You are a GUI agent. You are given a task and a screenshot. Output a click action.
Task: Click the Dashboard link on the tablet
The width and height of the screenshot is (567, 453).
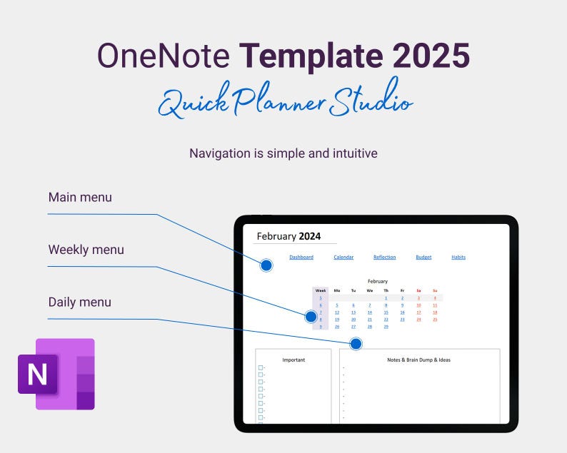[x=301, y=257]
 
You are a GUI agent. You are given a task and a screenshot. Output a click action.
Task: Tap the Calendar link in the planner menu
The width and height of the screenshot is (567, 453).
[x=343, y=257]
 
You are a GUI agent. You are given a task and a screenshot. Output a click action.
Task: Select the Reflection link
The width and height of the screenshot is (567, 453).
[x=385, y=257]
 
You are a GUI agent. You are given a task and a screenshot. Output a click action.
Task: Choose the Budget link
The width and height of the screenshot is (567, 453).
[x=423, y=257]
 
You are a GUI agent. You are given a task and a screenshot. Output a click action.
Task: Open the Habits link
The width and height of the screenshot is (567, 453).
[x=458, y=257]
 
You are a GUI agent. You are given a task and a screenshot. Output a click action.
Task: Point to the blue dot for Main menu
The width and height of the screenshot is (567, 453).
[x=266, y=265]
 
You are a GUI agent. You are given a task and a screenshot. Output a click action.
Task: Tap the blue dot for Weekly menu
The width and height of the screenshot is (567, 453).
[x=311, y=316]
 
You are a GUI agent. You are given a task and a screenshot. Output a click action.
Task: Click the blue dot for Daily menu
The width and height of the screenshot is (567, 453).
[x=356, y=344]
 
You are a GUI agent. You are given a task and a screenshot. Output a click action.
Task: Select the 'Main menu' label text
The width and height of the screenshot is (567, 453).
[x=80, y=197]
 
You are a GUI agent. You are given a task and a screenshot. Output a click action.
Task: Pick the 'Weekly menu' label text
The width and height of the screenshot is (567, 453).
[x=86, y=250]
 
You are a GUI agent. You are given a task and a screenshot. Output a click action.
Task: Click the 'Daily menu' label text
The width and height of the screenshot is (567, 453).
[x=80, y=302]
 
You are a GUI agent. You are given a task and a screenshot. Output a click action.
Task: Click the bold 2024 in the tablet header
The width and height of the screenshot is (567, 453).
[x=310, y=236]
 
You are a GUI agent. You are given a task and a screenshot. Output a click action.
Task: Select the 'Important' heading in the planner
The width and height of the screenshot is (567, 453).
[x=293, y=360]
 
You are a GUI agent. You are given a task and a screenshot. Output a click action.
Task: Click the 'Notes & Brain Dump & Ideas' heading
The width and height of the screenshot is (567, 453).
[x=419, y=360]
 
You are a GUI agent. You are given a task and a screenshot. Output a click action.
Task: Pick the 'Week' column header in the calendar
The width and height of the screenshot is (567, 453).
[x=321, y=290]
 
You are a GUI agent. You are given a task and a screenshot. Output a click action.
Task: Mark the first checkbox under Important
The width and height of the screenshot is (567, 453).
[x=261, y=368]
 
